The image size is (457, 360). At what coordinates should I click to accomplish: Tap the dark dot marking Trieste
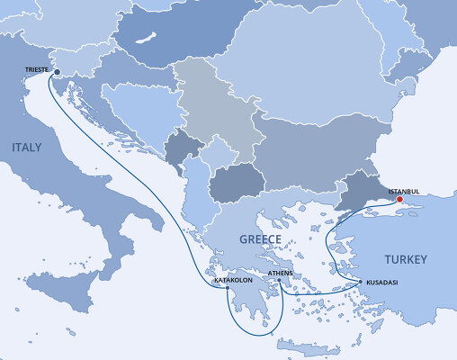point(57,73)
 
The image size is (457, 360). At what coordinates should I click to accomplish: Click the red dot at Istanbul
point(401,200)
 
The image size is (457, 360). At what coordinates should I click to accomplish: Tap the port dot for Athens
point(279,280)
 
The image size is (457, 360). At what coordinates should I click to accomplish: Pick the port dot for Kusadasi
point(361,282)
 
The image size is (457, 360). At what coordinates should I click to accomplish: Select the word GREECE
point(260,238)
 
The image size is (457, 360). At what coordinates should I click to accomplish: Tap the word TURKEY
point(405,259)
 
